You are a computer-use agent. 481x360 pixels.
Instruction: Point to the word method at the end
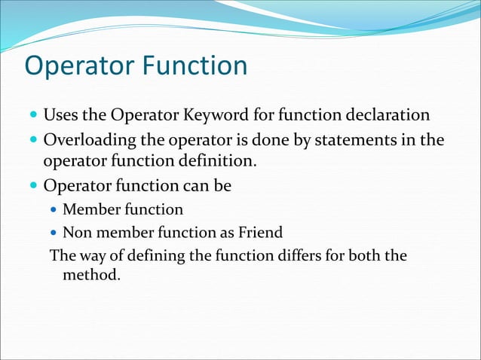pos(91,275)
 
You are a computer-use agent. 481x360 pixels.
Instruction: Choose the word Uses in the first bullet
pos(60,116)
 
